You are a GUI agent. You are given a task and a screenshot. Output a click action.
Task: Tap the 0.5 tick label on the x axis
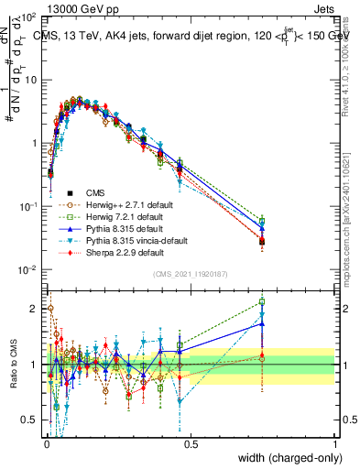(191, 444)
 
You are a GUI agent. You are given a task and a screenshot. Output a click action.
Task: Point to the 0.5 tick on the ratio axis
(29, 422)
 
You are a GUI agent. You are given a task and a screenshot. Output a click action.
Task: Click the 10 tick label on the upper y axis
(29, 80)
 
